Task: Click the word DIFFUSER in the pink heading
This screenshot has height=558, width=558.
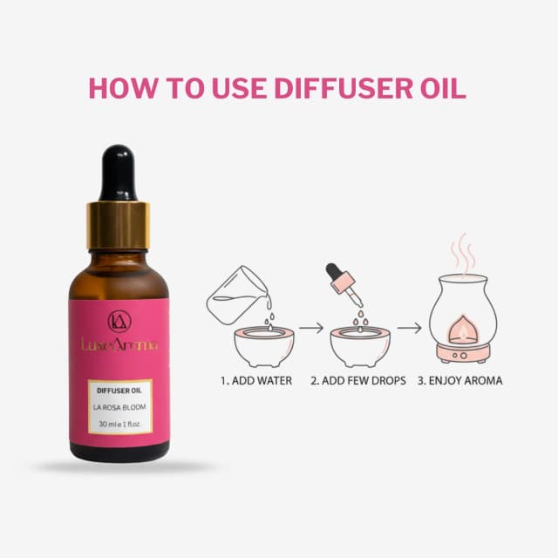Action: (x=343, y=87)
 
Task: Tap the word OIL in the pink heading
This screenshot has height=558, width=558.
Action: (x=443, y=87)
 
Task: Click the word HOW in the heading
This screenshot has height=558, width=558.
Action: (x=123, y=87)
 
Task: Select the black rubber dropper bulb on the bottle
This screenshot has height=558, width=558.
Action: (x=118, y=173)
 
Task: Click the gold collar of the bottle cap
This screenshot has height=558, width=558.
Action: (x=119, y=226)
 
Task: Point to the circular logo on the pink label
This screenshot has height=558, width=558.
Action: (x=119, y=321)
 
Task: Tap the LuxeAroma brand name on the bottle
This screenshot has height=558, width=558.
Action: (x=119, y=344)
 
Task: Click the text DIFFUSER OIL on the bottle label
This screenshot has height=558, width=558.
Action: (x=119, y=391)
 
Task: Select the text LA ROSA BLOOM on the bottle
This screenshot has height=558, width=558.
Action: (x=119, y=407)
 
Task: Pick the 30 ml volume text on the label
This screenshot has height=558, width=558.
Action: (x=120, y=424)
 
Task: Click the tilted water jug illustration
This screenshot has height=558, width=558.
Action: (x=239, y=295)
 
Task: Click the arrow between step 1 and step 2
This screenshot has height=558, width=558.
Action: (x=311, y=328)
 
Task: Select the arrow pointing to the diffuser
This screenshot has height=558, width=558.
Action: (x=409, y=328)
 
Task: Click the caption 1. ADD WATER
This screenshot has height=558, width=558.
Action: (x=256, y=381)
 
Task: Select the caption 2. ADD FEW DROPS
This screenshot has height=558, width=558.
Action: (x=358, y=381)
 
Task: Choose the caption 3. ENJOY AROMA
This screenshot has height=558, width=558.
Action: (x=459, y=381)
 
